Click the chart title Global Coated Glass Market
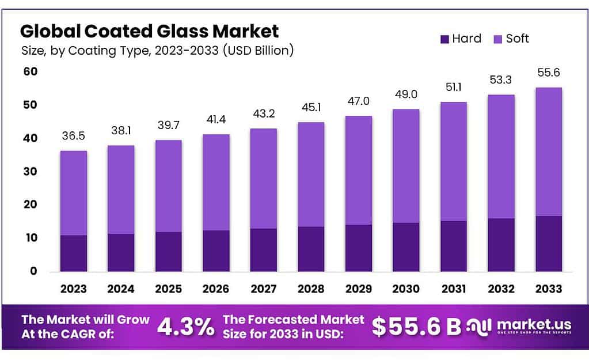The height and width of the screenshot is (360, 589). pyautogui.click(x=150, y=31)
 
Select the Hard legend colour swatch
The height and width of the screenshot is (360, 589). pyautogui.click(x=443, y=39)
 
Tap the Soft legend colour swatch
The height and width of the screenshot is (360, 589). pyautogui.click(x=497, y=39)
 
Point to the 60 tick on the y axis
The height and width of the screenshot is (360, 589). pyautogui.click(x=30, y=71)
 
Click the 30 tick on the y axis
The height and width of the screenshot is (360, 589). pyautogui.click(x=30, y=171)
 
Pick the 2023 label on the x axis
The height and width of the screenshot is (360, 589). pyautogui.click(x=73, y=287)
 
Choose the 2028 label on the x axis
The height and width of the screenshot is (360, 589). pyautogui.click(x=311, y=287)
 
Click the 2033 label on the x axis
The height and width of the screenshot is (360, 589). pyautogui.click(x=548, y=287)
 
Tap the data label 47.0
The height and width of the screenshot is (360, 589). pyautogui.click(x=358, y=101)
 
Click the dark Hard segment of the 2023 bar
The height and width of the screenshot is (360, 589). pyautogui.click(x=73, y=253)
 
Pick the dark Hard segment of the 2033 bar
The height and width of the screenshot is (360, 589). pyautogui.click(x=548, y=244)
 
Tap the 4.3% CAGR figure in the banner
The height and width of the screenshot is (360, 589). pyautogui.click(x=185, y=327)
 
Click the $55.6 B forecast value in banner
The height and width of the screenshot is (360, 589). pyautogui.click(x=416, y=327)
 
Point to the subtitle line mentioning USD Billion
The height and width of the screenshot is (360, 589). pyautogui.click(x=158, y=51)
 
